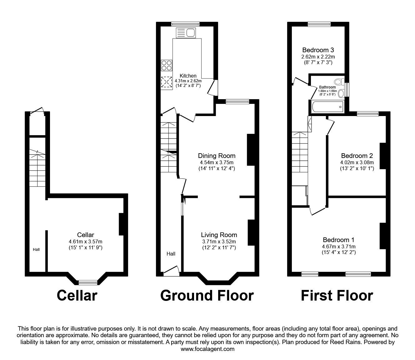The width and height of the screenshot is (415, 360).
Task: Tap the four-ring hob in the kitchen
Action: pos(167,65)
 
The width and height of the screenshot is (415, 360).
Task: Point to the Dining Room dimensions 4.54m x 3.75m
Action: pos(217,162)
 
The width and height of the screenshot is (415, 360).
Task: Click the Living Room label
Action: pos(219,235)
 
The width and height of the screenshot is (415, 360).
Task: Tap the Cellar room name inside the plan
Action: pos(85,235)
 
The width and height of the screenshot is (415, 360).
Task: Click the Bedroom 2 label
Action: pos(357,156)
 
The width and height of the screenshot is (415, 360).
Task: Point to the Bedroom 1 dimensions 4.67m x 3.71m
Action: pos(338,246)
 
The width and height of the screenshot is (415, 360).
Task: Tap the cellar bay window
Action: pos(88,283)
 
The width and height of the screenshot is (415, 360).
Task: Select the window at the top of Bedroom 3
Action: pos(319,24)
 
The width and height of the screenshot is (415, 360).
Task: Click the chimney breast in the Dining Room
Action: pos(251,150)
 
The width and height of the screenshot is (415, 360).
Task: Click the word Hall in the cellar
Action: pos(36,250)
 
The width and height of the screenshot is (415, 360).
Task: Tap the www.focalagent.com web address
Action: pos(207,349)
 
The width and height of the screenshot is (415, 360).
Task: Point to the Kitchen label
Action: pos(188,76)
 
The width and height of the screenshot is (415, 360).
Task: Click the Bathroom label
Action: pos(327,87)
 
